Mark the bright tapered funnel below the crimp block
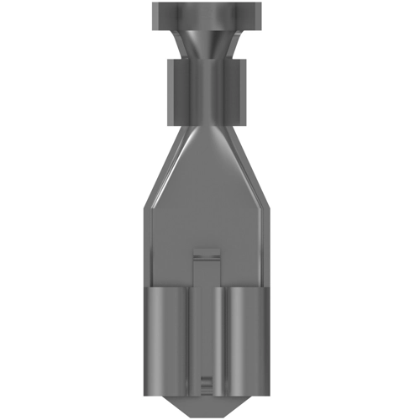(209, 134)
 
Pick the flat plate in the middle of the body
(209, 210)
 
